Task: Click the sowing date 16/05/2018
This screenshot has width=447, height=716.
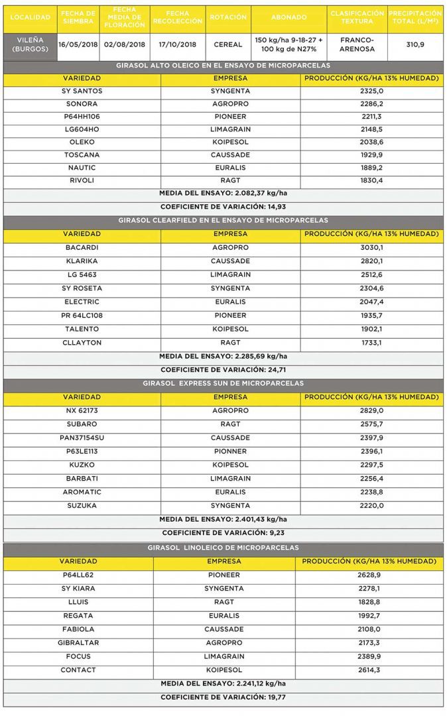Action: [x=78, y=44]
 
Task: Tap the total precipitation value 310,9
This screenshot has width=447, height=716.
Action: [x=415, y=44]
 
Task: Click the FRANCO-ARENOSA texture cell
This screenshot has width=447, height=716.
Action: [x=357, y=44]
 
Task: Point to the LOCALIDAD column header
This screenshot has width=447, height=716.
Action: [x=31, y=17]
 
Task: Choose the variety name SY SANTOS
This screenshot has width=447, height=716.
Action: [x=82, y=90]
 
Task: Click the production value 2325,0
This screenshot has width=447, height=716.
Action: [x=371, y=90]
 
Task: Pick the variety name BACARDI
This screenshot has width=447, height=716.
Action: [x=82, y=247]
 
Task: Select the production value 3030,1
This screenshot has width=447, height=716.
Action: [x=371, y=247]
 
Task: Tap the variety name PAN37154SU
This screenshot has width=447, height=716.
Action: [x=82, y=438]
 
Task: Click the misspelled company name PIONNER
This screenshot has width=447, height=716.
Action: [x=230, y=451]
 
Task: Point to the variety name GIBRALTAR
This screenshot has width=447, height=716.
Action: [x=78, y=643]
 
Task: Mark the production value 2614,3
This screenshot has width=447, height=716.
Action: [x=369, y=670]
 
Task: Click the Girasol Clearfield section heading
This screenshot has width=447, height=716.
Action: [x=223, y=220]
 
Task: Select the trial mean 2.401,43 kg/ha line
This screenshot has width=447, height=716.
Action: [x=223, y=519]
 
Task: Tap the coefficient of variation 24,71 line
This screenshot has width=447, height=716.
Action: [x=223, y=370]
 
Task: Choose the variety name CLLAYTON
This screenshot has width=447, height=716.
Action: [x=82, y=343]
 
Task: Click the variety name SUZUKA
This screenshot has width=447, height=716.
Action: [x=82, y=506]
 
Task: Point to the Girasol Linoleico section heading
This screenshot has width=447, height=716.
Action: [x=223, y=548]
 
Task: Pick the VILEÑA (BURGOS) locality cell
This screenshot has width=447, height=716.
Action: [x=29, y=44]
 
